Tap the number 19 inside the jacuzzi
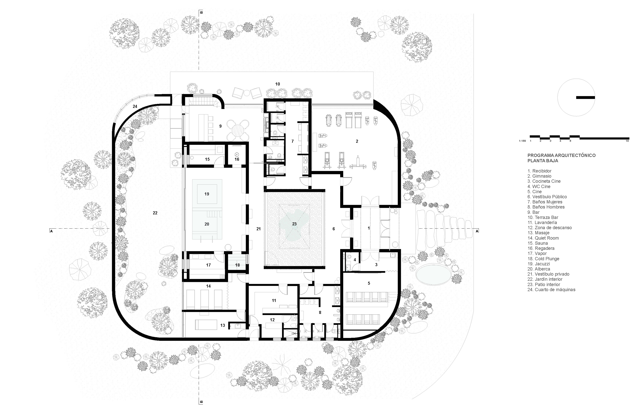207,194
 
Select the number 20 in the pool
207,224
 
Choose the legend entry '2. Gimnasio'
539,176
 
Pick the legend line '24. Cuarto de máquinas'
551,289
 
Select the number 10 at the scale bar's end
627,141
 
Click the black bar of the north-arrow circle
586,97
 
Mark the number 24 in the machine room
135,106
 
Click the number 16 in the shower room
237,159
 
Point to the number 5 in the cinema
369,283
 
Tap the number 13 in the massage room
222,325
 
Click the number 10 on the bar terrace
278,84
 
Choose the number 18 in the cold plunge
237,265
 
